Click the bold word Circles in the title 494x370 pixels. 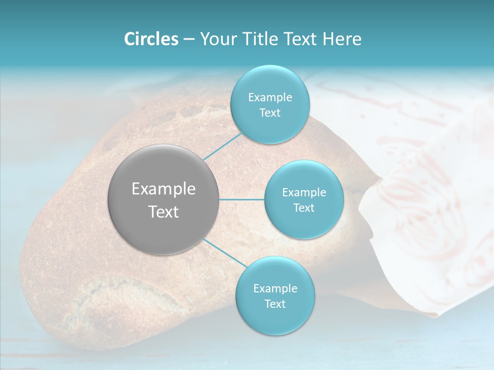(151, 39)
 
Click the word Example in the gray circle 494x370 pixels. (164, 189)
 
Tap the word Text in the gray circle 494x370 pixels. (164, 212)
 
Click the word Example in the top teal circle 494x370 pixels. (270, 97)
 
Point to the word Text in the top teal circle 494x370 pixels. (270, 113)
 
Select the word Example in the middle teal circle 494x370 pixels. (304, 192)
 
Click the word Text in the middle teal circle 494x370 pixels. (304, 208)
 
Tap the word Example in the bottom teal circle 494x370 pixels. (275, 288)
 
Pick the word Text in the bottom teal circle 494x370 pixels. (275, 304)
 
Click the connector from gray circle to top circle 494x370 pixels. (223, 146)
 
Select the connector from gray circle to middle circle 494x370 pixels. (242, 199)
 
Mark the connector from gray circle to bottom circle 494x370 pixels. (224, 253)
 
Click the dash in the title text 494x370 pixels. (189, 40)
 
